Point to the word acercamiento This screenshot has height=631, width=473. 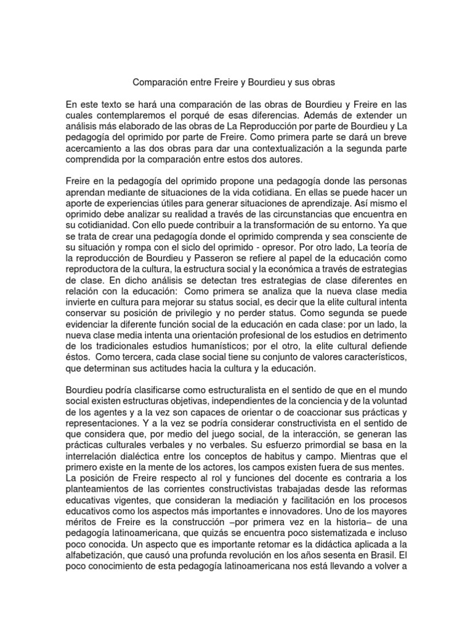(94, 147)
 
